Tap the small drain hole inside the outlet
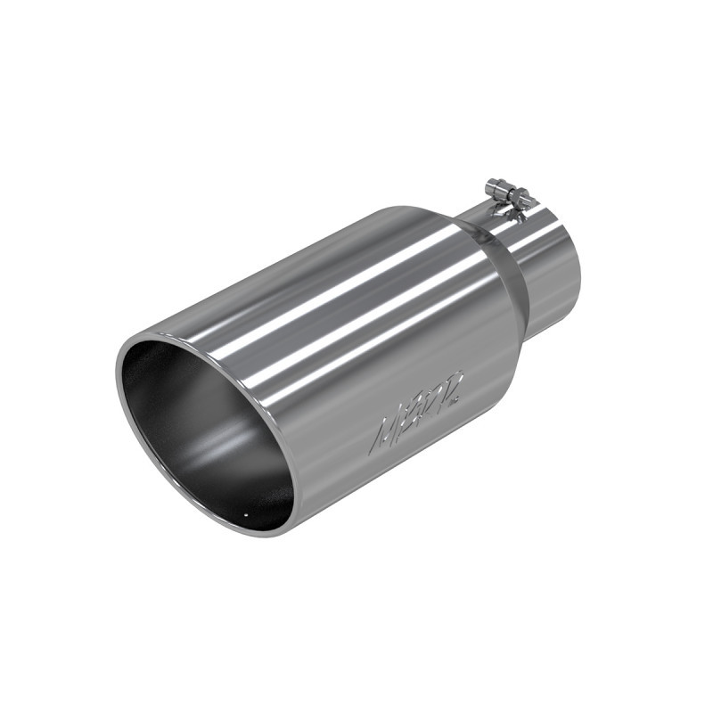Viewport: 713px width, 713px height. coord(244,514)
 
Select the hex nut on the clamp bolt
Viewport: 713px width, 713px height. coord(514,201)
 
